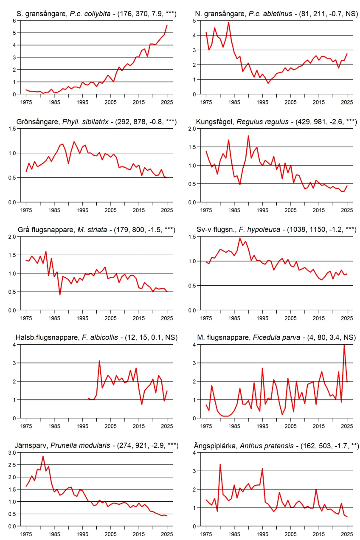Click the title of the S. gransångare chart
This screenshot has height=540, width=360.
(x=96, y=14)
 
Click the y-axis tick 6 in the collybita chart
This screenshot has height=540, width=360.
(x=14, y=21)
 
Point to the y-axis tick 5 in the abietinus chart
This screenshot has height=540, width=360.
(x=194, y=21)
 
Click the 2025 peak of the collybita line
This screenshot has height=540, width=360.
(x=167, y=25)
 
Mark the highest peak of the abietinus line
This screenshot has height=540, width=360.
(x=228, y=22)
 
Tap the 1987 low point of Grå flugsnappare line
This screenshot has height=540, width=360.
(x=60, y=295)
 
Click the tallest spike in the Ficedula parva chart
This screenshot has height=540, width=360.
(x=344, y=345)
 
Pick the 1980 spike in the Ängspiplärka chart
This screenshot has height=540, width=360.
(x=220, y=464)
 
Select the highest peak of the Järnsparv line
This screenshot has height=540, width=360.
(x=43, y=456)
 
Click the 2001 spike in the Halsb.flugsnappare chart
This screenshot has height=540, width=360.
(x=99, y=361)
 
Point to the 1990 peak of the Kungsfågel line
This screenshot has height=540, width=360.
(x=248, y=136)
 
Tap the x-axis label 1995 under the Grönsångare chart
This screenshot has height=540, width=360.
(x=82, y=210)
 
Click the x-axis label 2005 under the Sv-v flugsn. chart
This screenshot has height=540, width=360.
(x=290, y=318)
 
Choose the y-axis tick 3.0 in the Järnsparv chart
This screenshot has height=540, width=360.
(x=12, y=453)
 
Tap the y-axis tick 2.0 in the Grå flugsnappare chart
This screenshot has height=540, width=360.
(x=12, y=237)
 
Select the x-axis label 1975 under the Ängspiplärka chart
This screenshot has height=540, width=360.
(x=206, y=534)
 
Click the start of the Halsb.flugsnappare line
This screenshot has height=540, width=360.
(x=88, y=398)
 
